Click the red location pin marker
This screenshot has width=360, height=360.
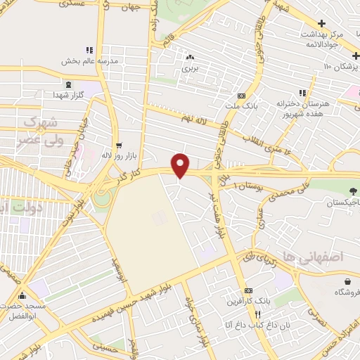click(x=181, y=166)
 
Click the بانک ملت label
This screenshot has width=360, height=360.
click(x=242, y=106)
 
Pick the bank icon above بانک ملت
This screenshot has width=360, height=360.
click(x=242, y=96)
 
